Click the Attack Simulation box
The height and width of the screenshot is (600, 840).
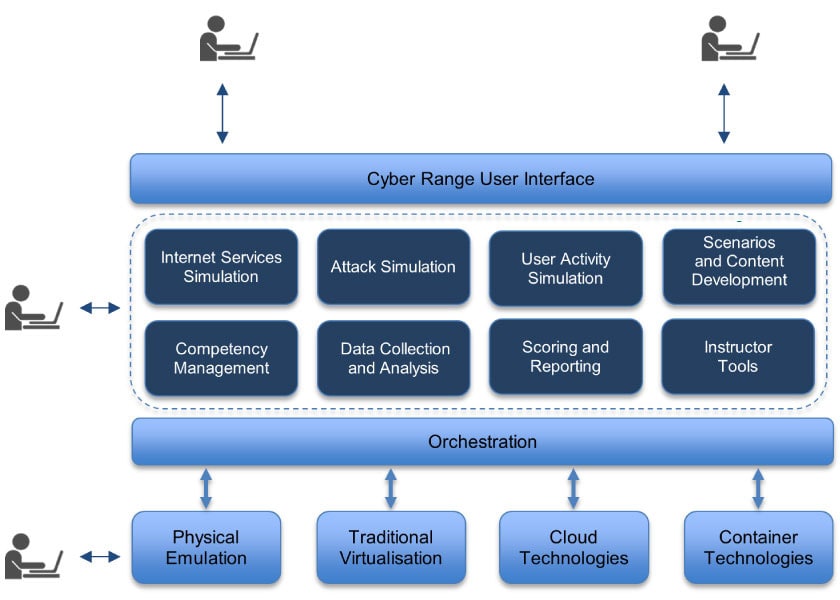coord(393,267)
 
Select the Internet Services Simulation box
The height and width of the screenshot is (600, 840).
coord(221,267)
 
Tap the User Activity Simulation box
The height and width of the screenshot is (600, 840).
coord(566,268)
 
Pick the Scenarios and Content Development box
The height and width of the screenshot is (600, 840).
coord(739,267)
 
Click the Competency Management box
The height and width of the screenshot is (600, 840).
coord(221,358)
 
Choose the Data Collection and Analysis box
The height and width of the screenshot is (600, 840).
coord(393,358)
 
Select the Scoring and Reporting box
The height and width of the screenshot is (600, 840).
coord(566,357)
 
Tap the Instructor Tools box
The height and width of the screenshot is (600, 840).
coord(738,357)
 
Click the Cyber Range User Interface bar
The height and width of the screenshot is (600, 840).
coord(481,178)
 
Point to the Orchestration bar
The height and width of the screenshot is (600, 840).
coord(483,442)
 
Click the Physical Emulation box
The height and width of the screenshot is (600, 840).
coord(206,548)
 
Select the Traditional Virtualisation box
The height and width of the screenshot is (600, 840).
coord(391,548)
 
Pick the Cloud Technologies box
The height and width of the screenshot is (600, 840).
coord(574,548)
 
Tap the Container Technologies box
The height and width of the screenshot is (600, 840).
coord(759,548)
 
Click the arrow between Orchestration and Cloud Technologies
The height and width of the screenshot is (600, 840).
coord(573,489)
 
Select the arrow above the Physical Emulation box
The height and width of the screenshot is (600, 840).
coord(206,489)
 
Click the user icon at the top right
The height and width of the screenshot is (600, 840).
coord(731,38)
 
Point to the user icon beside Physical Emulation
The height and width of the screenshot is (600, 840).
coord(34,556)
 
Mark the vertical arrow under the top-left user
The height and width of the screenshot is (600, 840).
coord(222,113)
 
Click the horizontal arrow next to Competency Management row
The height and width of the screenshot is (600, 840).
coord(100,308)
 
